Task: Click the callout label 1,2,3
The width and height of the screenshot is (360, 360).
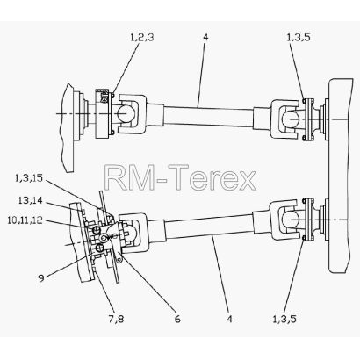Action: pyautogui.click(x=142, y=38)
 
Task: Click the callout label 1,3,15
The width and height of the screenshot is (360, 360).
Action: pyautogui.click(x=29, y=178)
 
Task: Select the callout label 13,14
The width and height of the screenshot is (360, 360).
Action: pyautogui.click(x=30, y=200)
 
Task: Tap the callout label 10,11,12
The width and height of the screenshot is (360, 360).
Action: pyautogui.click(x=25, y=220)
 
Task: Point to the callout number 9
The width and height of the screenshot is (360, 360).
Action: pyautogui.click(x=41, y=278)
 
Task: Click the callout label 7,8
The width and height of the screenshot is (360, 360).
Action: pyautogui.click(x=116, y=319)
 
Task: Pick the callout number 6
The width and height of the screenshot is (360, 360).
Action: pyautogui.click(x=177, y=319)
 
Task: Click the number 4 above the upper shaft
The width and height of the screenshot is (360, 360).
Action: pyautogui.click(x=205, y=38)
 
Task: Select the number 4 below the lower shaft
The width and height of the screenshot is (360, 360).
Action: pyautogui.click(x=230, y=319)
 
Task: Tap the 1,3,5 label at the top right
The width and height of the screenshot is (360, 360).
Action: pyautogui.click(x=299, y=38)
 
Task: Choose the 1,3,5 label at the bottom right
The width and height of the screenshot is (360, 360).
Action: pyautogui.click(x=284, y=319)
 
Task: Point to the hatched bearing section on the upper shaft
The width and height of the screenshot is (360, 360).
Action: pyautogui.click(x=104, y=96)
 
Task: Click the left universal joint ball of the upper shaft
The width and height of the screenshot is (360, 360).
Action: pyautogui.click(x=126, y=112)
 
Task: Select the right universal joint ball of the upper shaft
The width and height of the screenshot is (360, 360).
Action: pyautogui.click(x=291, y=119)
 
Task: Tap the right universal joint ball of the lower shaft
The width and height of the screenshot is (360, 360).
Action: pyautogui.click(x=291, y=220)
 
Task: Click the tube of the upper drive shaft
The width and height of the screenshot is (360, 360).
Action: pyautogui.click(x=208, y=117)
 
